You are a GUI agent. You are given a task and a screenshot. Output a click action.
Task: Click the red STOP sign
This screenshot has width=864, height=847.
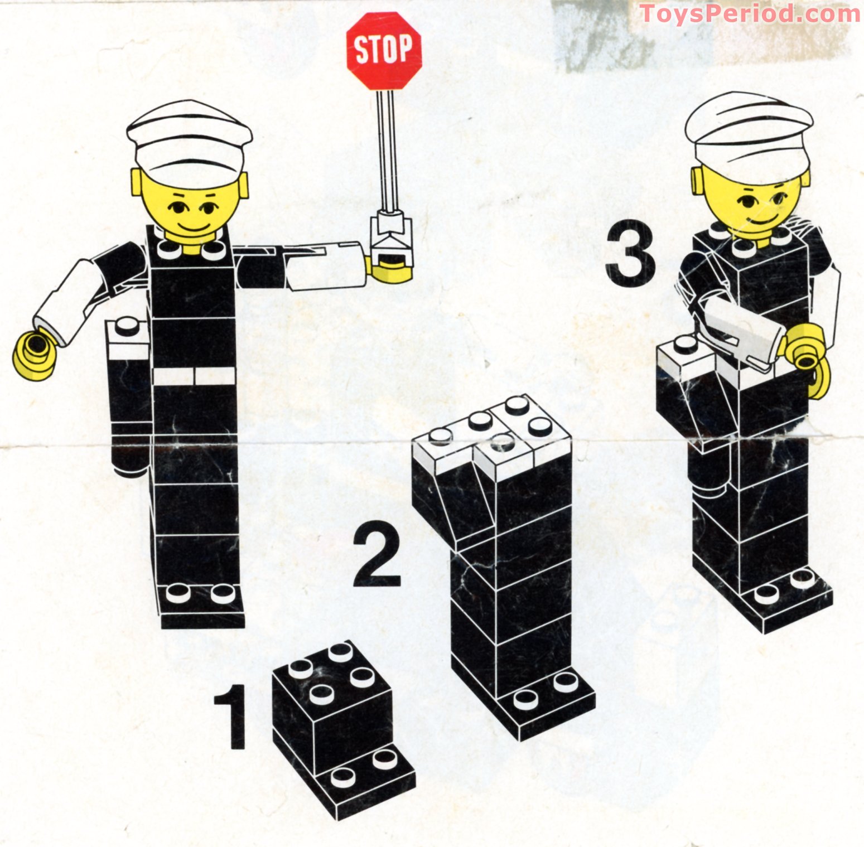point(384,49)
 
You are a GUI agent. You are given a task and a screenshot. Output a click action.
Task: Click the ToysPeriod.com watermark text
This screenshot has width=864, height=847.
point(750,13)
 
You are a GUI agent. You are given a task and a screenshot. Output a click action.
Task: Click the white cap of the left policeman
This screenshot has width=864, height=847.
point(189,142)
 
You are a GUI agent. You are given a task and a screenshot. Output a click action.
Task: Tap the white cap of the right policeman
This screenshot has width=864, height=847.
point(749,134)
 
